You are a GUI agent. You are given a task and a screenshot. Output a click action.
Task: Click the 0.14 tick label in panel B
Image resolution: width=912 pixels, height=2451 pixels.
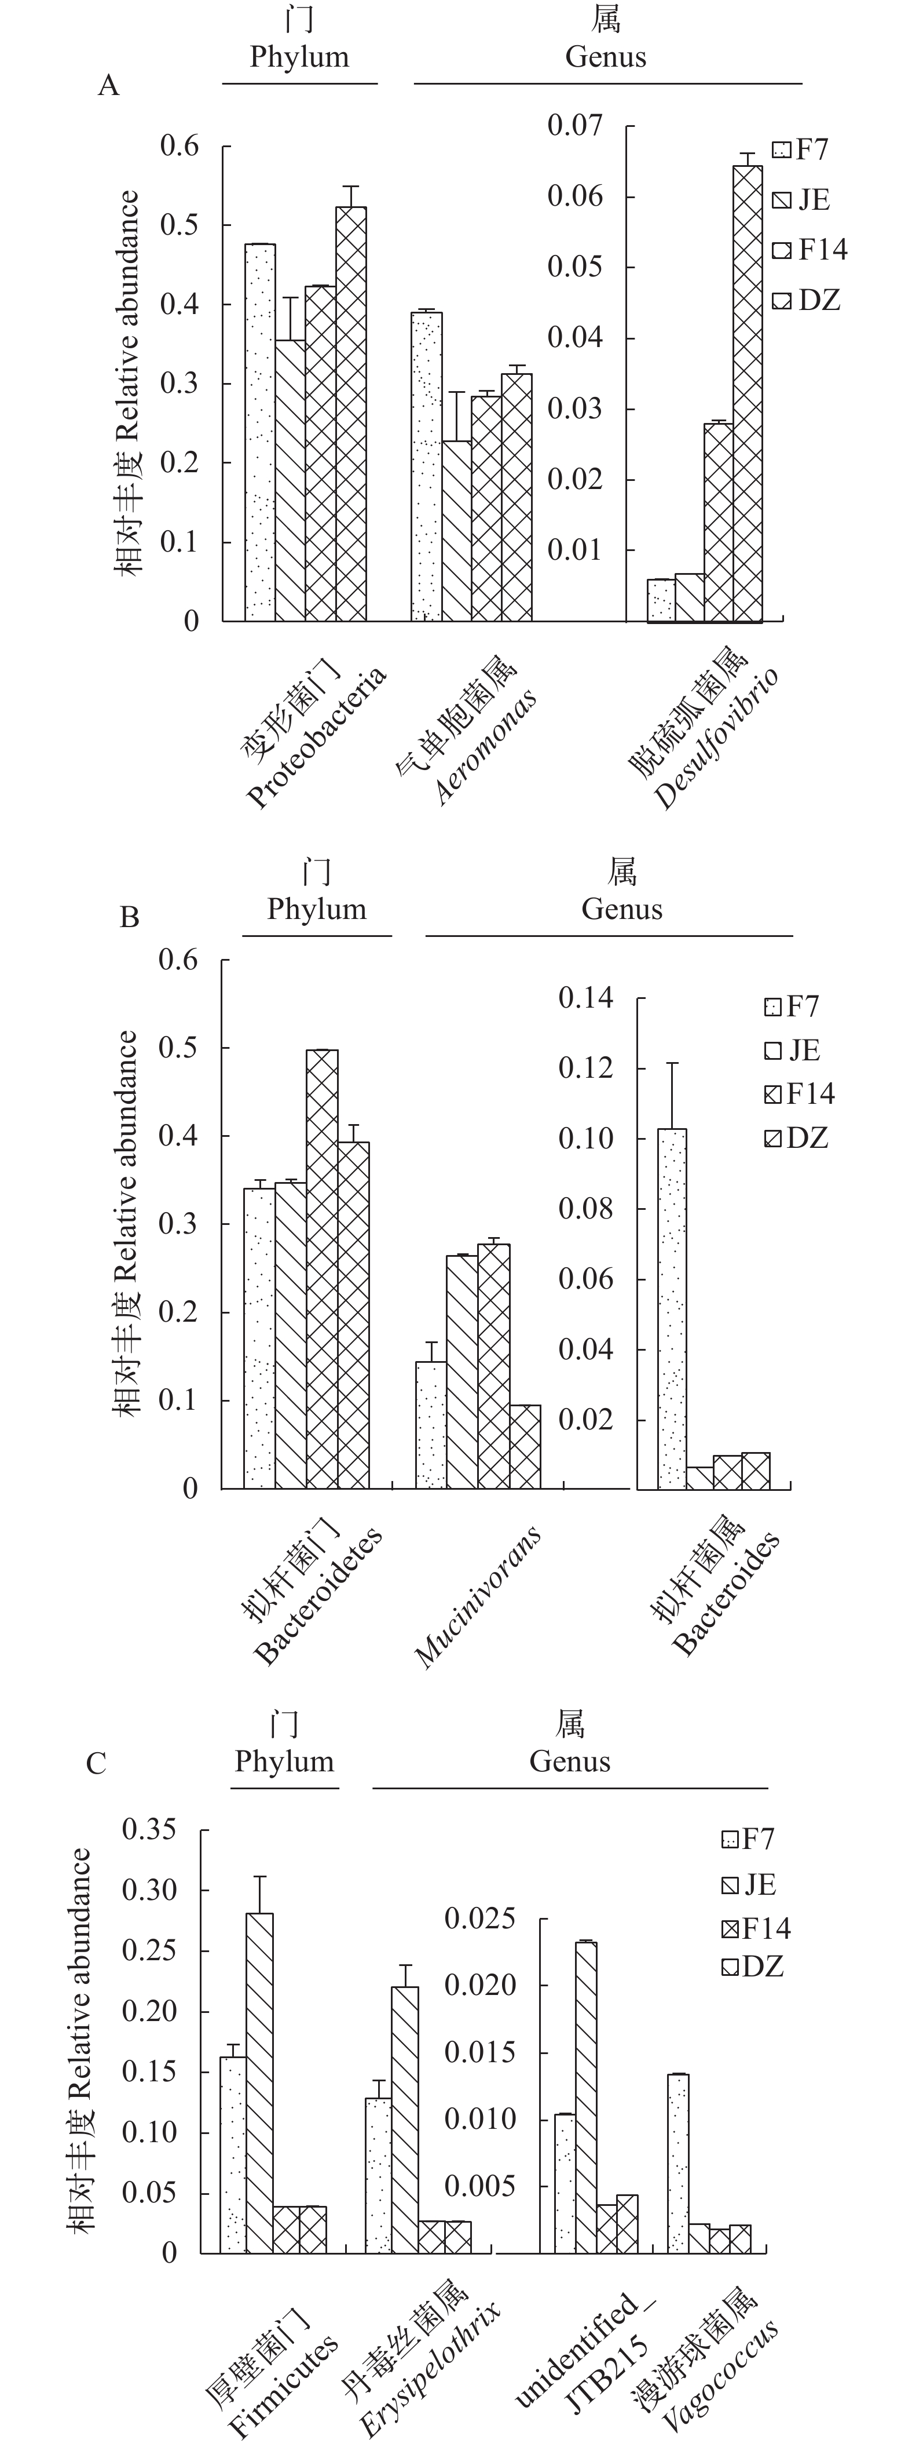point(586,998)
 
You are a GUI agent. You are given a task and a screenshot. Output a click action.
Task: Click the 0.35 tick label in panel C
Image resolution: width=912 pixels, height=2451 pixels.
point(149,1830)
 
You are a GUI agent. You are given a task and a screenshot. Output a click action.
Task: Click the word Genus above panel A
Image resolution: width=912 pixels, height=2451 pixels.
point(606,57)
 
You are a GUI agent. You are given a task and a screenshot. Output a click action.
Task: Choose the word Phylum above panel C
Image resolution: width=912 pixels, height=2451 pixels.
point(284,1761)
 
